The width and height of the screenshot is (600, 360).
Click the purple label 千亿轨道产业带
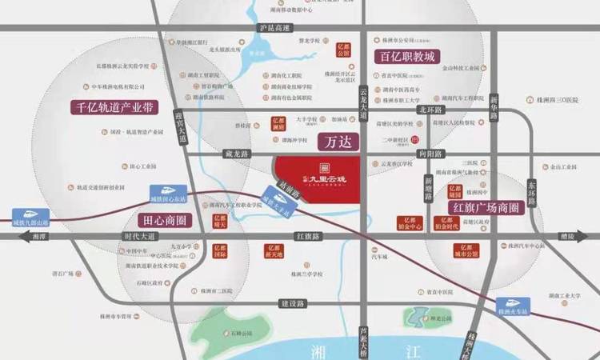(x=114, y=107)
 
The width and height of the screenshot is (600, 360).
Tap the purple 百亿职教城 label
(x=407, y=58)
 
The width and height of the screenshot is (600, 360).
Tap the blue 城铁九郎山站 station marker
(x=31, y=217)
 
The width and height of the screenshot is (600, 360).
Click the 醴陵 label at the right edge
(x=567, y=237)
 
